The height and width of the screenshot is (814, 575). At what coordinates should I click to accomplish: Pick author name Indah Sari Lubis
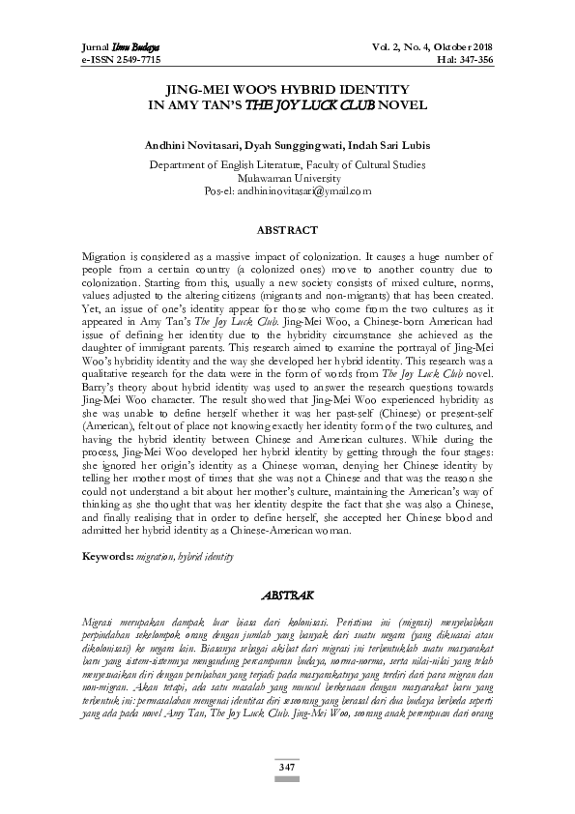tap(390, 146)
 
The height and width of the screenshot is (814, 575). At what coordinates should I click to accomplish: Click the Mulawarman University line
tap(287, 178)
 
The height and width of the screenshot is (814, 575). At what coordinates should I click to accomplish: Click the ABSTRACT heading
tap(287, 231)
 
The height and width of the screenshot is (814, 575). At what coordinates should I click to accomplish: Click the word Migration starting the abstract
tap(103, 252)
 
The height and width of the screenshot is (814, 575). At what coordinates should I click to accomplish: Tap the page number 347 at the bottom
tap(287, 767)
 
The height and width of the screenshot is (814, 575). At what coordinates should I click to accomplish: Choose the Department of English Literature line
tap(287, 165)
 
